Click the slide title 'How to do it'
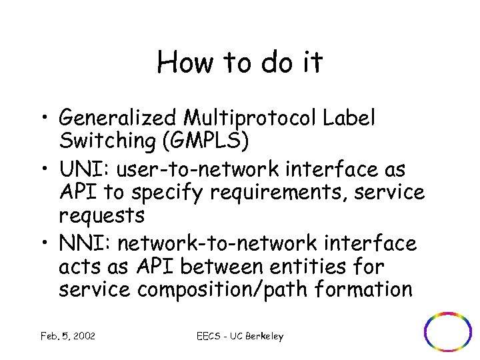point(240,63)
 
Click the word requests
point(101,215)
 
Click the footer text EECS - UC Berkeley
point(241,336)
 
